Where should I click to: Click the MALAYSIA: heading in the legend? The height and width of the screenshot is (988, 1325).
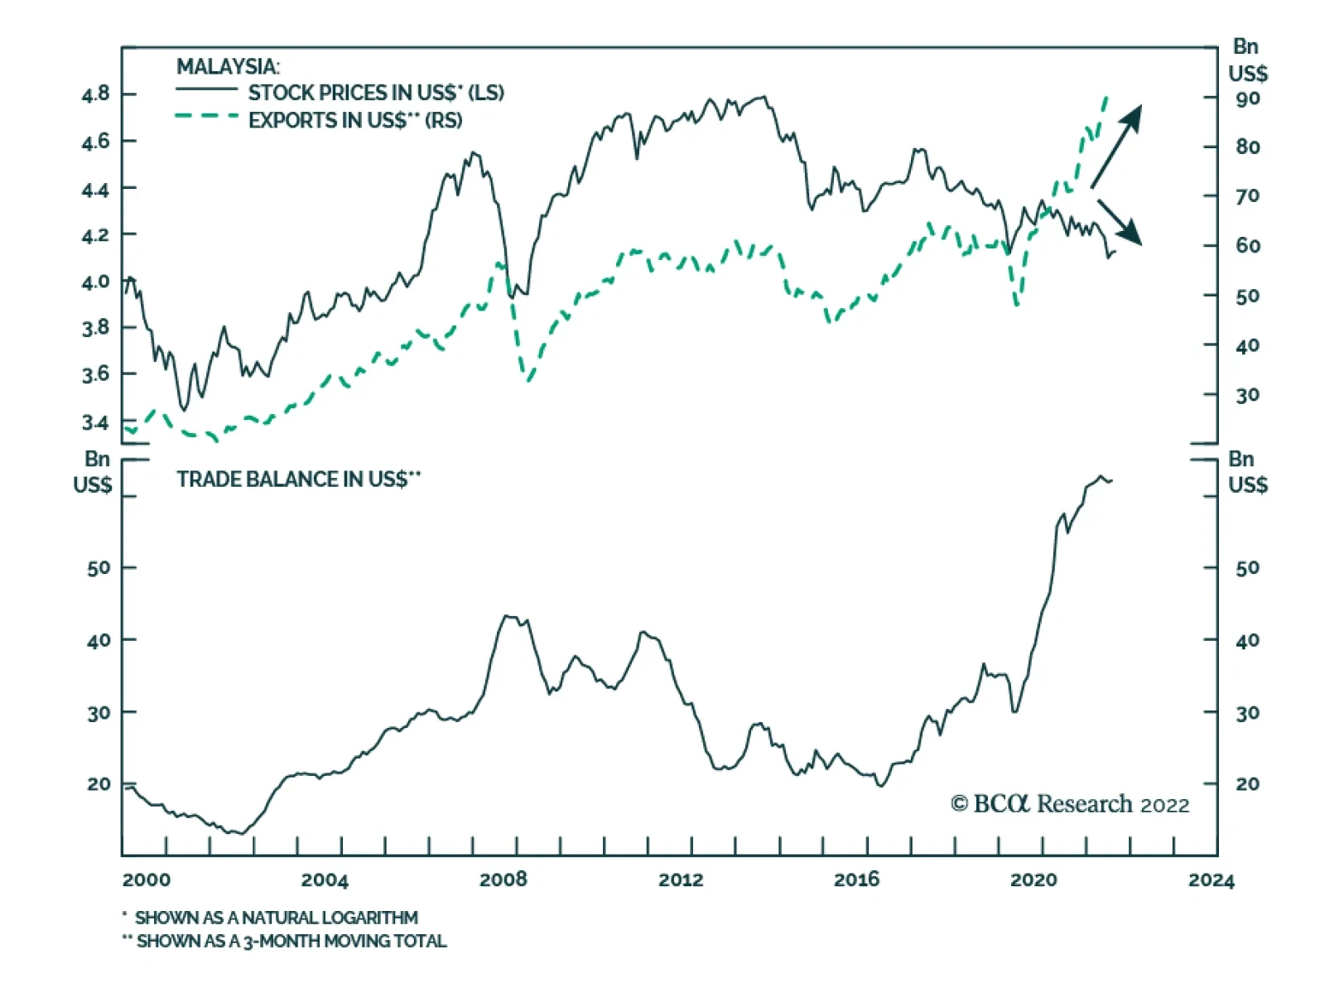click(228, 66)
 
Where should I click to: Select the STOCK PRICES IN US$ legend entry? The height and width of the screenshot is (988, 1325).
click(375, 93)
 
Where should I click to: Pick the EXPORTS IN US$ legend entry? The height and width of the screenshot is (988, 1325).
click(354, 121)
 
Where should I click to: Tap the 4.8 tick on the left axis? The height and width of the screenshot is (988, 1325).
click(95, 94)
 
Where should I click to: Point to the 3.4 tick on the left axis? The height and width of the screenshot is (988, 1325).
click(95, 422)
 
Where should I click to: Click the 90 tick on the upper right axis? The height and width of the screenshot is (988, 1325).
click(1247, 99)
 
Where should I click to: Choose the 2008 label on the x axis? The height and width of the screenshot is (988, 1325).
click(503, 880)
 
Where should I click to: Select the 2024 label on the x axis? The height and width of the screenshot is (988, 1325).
click(1211, 880)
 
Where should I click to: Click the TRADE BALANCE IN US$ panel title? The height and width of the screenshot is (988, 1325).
click(298, 480)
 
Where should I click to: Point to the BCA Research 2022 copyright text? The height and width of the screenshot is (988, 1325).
click(1069, 804)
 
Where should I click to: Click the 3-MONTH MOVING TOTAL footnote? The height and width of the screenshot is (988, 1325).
click(291, 941)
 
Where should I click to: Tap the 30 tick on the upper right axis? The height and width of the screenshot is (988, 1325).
click(1247, 395)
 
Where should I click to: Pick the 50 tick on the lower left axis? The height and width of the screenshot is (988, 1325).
click(99, 568)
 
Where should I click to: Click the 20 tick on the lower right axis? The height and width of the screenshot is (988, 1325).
click(1247, 783)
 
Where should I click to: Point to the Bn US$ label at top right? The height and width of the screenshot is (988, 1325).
click(1247, 60)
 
